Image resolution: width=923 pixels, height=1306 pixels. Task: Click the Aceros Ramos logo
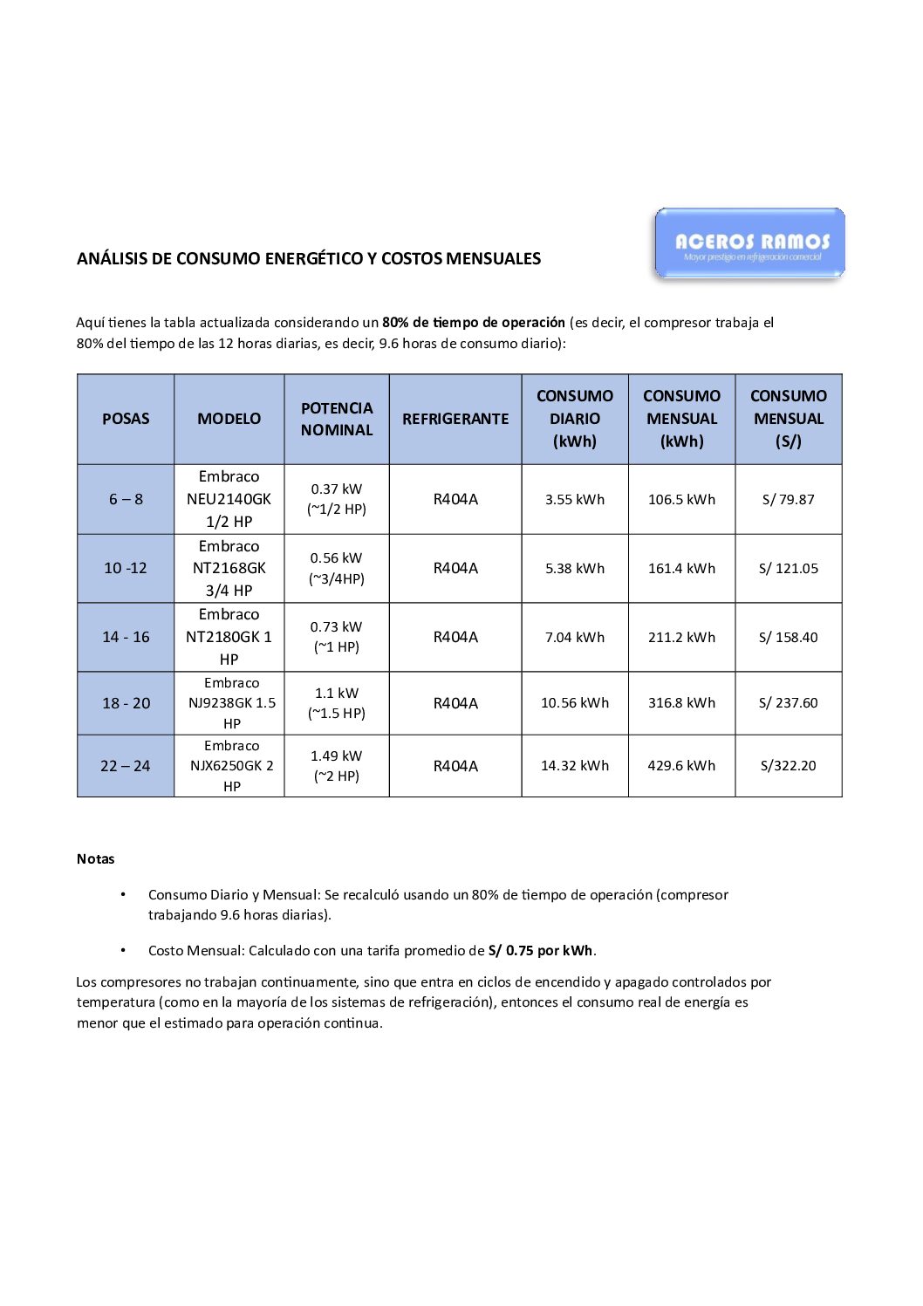[x=749, y=243]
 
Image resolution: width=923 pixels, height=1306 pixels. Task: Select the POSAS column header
[x=126, y=419]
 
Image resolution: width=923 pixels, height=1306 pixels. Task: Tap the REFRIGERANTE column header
[x=455, y=419]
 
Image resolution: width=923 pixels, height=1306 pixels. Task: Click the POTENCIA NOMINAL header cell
[x=337, y=419]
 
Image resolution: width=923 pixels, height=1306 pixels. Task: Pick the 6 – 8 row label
[x=126, y=499]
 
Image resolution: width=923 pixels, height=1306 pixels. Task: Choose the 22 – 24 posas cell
[x=126, y=766]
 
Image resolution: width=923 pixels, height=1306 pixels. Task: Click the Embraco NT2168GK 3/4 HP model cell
[x=229, y=568]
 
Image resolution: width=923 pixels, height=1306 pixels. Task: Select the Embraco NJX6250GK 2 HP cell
[x=231, y=766]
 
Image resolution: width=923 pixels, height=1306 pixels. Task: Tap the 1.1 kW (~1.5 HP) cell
[x=337, y=703]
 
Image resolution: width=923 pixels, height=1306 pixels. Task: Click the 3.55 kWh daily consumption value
[x=575, y=500]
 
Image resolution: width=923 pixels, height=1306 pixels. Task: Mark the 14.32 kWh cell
[x=575, y=766]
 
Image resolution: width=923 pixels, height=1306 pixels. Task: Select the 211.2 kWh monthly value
[x=681, y=638]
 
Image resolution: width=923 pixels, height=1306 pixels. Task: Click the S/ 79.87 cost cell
[x=788, y=500]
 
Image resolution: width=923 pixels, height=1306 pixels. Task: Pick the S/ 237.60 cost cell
[x=788, y=703]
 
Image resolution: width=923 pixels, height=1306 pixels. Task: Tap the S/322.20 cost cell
[x=788, y=766]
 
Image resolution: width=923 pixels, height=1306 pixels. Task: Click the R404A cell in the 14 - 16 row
[x=455, y=638]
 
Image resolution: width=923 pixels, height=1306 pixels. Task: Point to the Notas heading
[x=96, y=859]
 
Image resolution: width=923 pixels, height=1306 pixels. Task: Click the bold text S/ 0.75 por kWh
[x=540, y=951]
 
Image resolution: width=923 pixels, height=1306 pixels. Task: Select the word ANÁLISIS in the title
[x=112, y=259]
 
